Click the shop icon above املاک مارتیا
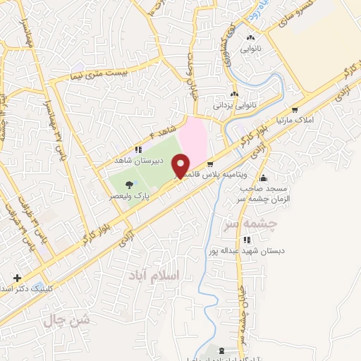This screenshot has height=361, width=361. coord(294,110)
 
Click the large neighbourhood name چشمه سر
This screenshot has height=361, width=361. coord(259,224)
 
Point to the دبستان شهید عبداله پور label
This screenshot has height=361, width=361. coord(244,250)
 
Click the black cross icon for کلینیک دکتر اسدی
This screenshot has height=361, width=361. coord(17,277)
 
